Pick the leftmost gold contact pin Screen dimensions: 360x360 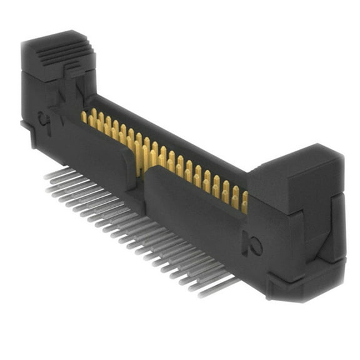tap(84, 117)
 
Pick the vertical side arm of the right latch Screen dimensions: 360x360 tap(338, 225)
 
